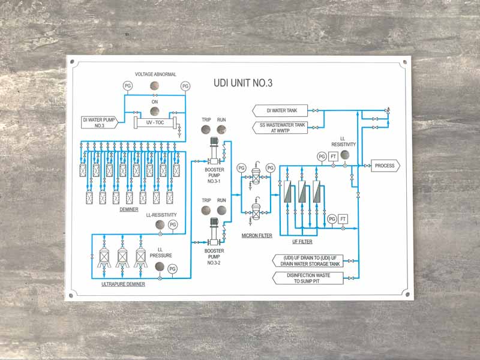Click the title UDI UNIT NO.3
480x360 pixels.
point(242,83)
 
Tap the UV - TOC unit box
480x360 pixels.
point(155,122)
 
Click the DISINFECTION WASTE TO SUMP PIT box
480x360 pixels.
point(308,278)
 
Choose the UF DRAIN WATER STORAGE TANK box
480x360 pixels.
point(308,260)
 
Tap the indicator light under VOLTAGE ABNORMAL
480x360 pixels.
point(155,86)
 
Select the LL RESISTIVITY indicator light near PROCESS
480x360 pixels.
point(344,155)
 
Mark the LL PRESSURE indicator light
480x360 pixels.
point(160,268)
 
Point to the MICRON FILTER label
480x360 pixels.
point(256,235)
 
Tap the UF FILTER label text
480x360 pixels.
point(302,242)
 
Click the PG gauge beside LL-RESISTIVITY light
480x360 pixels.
point(173,225)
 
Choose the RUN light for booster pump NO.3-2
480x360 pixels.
point(221,210)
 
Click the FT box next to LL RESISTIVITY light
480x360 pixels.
point(333,157)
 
